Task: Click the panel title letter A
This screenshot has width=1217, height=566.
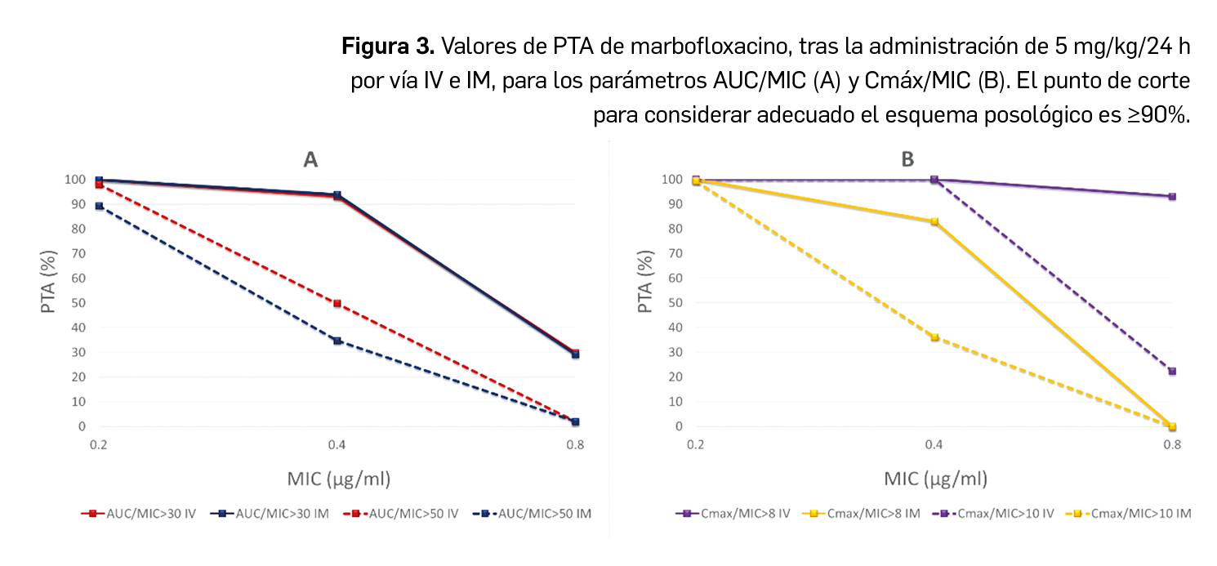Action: click(x=310, y=159)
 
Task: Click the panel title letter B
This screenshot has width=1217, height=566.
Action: click(x=907, y=159)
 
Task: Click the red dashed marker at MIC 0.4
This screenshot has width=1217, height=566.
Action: click(x=337, y=303)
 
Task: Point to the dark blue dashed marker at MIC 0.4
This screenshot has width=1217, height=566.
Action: click(x=337, y=341)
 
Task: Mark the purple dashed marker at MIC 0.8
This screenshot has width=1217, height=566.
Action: click(x=1172, y=371)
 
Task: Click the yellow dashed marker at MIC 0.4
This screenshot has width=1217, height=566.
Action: click(x=934, y=337)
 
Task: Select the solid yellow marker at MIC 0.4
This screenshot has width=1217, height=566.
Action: click(x=934, y=221)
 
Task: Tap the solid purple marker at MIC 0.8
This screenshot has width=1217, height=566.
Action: click(x=1172, y=196)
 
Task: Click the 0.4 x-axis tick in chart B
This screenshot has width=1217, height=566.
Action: click(x=934, y=445)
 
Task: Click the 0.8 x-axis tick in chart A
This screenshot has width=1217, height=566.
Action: click(x=575, y=445)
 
